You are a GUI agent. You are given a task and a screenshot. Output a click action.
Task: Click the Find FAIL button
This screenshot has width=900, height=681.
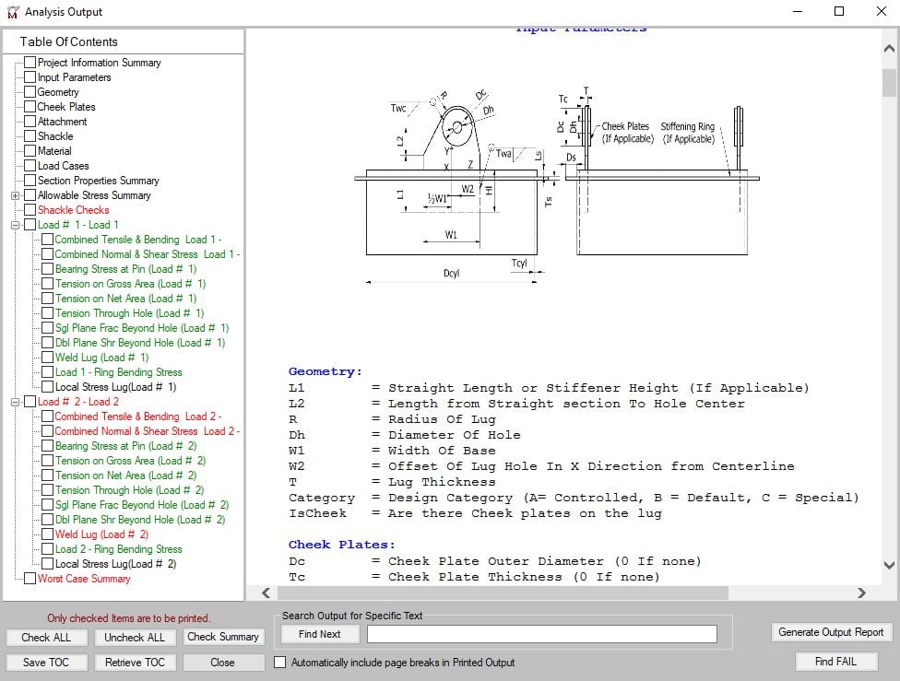click(x=835, y=662)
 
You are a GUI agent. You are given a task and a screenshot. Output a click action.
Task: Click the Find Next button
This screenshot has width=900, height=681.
click(x=319, y=634)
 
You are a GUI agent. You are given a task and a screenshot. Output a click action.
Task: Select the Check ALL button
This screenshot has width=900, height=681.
click(x=46, y=637)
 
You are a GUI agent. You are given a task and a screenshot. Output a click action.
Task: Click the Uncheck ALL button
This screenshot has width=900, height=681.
click(x=135, y=637)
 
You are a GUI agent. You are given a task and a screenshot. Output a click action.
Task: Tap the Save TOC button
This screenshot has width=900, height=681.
click(x=46, y=663)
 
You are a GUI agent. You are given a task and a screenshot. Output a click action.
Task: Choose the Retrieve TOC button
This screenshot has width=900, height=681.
click(x=135, y=663)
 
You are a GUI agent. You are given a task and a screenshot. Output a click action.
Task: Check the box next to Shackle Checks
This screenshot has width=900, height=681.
click(x=30, y=210)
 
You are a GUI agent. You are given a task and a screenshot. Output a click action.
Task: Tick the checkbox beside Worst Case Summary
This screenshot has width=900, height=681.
click(x=30, y=579)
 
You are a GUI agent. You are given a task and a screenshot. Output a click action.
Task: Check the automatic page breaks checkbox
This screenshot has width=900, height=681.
click(x=280, y=663)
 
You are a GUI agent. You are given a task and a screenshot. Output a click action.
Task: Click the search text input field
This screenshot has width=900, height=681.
click(x=541, y=634)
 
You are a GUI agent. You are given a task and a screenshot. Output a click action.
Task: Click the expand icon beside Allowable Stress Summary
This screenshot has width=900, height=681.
click(x=16, y=195)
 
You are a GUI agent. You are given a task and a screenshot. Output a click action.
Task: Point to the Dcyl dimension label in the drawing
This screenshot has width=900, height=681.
click(x=451, y=274)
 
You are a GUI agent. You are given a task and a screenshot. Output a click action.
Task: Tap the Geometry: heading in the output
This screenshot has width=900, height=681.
click(x=326, y=372)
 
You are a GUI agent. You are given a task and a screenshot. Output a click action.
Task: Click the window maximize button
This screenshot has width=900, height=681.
click(x=838, y=12)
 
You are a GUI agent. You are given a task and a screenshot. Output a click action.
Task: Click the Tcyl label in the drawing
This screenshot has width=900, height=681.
click(x=519, y=264)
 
